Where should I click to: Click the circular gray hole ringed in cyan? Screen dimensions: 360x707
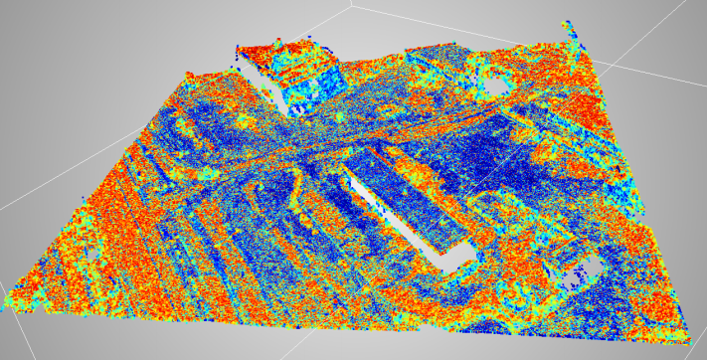(494, 84)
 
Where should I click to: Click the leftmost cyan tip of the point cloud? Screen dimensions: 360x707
(8, 299)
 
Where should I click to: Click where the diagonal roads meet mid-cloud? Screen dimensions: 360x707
(298, 149)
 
